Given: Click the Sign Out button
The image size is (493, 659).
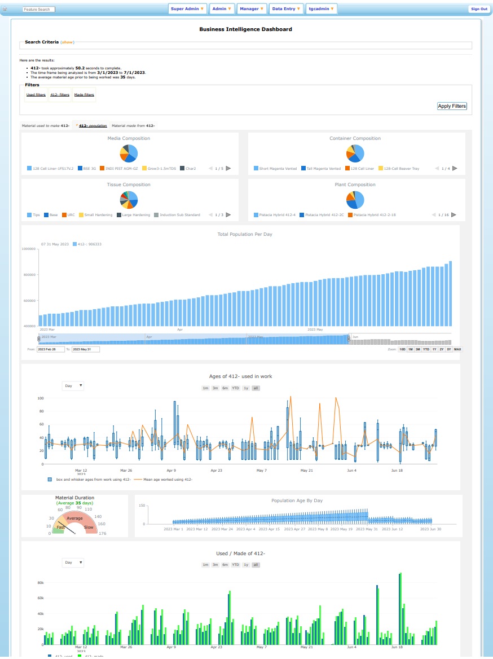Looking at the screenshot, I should point(479,9).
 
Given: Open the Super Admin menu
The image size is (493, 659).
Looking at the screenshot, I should point(187,9).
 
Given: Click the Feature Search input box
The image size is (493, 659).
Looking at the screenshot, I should point(39,10).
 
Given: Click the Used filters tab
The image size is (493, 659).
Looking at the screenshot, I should point(36,95).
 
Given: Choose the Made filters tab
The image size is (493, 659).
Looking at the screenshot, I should point(84,95).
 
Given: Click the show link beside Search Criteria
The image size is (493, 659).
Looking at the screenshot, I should point(67,42).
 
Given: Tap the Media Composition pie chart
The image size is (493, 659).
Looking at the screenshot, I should point(129,153).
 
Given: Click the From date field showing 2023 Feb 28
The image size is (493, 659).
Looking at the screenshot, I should point(51,349).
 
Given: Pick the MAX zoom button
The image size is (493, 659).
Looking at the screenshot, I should point(457,349).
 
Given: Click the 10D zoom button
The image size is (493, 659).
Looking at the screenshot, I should point(402,349).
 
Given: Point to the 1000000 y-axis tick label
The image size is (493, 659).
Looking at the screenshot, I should point(29,249).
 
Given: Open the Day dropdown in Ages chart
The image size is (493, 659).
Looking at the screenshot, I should point(73,386).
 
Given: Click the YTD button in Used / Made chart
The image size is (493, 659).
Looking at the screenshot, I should point(235,564).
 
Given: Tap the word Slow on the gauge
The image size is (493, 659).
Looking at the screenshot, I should point(89,527).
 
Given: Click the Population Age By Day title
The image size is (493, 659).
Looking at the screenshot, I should point(297,500).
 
